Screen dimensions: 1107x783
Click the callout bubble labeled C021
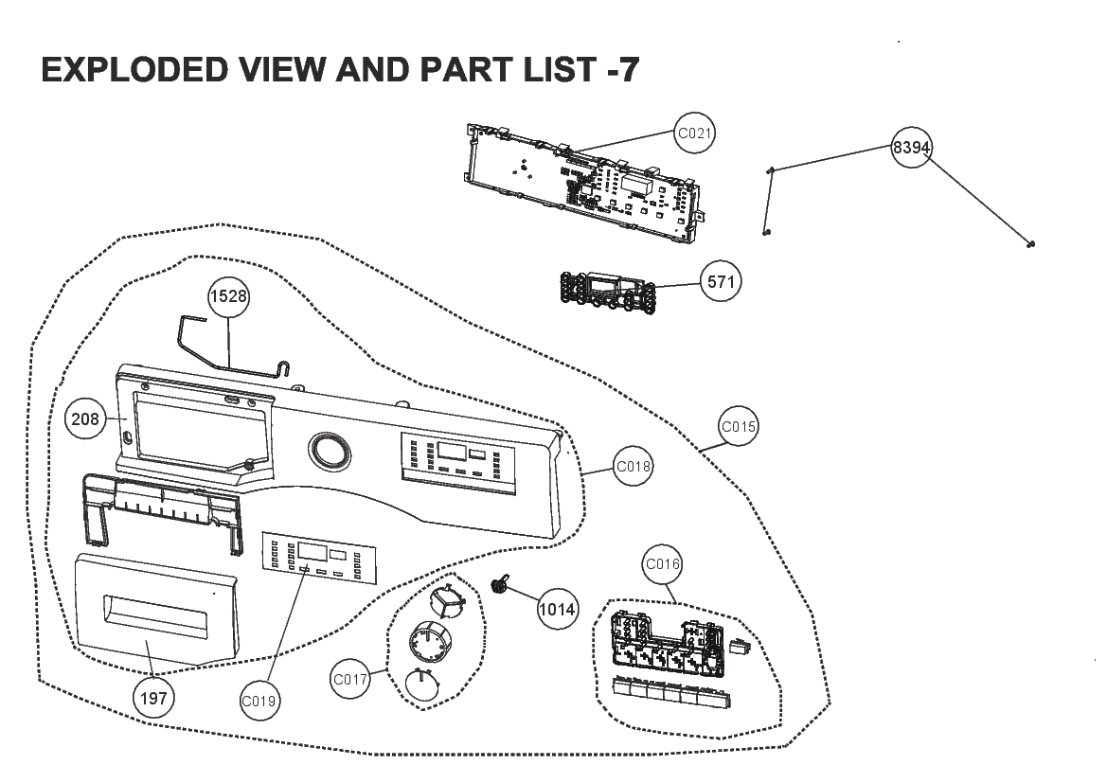click(694, 133)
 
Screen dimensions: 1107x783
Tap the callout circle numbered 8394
click(911, 147)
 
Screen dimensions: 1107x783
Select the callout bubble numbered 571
click(721, 282)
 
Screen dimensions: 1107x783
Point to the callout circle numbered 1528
click(229, 295)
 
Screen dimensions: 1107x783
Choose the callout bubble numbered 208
click(84, 418)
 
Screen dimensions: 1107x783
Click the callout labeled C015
click(738, 426)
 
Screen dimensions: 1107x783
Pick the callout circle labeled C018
click(633, 466)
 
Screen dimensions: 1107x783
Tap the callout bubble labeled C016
click(662, 563)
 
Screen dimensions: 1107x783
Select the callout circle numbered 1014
click(557, 609)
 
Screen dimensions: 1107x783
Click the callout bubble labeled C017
click(349, 679)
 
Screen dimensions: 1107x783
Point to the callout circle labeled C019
click(259, 701)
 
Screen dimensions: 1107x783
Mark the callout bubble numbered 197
click(153, 699)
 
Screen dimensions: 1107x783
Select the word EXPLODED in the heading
click(134, 69)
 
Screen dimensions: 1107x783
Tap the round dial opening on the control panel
click(329, 452)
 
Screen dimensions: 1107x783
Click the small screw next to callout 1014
click(501, 584)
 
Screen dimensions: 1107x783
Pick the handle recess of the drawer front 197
click(156, 617)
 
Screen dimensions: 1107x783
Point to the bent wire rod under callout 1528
click(232, 345)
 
